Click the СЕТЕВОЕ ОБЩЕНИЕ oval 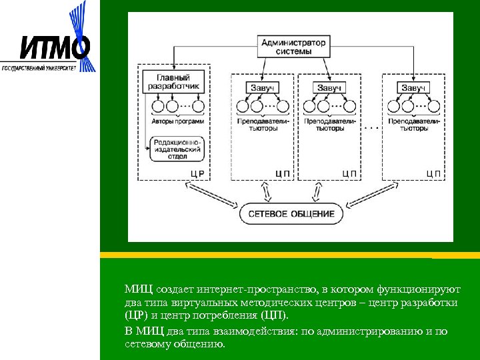point(291,214)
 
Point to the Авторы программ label point(177,122)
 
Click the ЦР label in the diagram point(197,173)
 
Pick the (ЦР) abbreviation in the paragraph point(137,316)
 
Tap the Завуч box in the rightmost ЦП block point(413,88)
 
